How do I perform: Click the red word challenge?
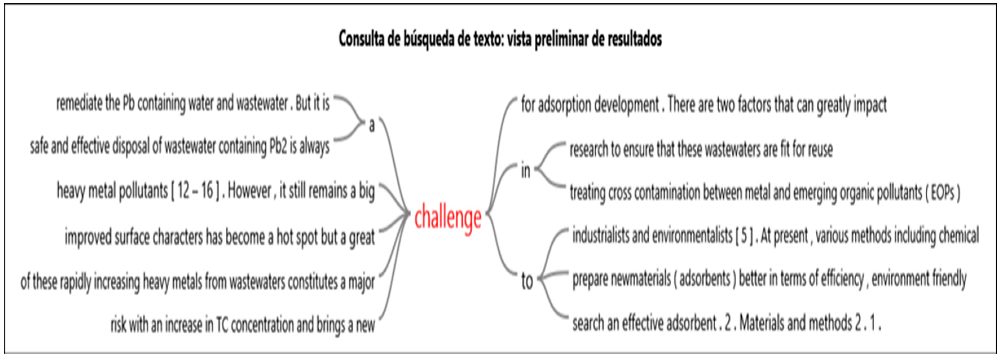(x=448, y=218)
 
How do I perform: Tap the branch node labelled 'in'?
(x=525, y=171)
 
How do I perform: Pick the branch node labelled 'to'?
(x=527, y=281)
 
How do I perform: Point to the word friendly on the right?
(x=946, y=279)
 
